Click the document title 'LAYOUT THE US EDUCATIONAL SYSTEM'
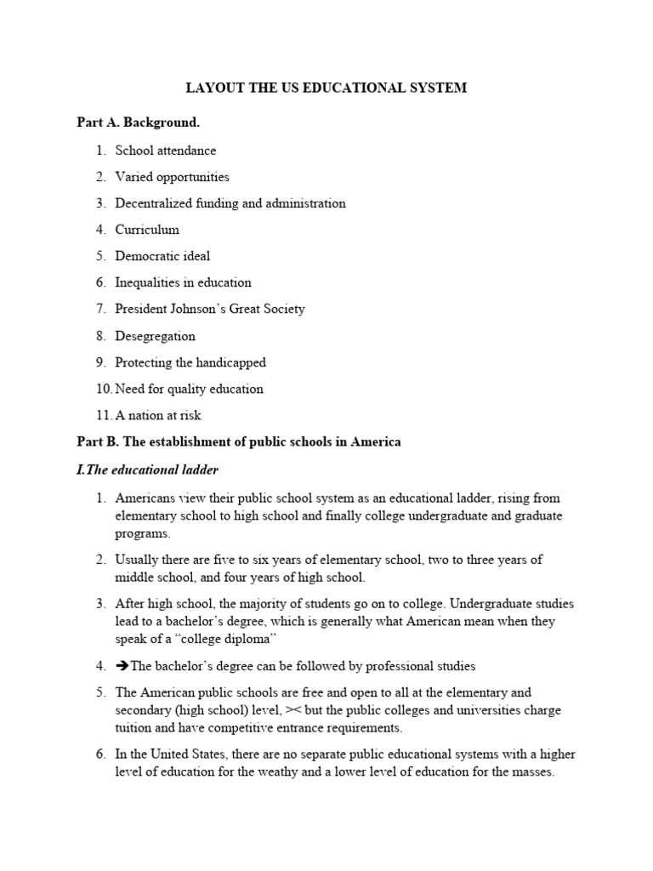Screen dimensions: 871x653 tap(326, 88)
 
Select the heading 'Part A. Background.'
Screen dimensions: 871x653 tap(139, 122)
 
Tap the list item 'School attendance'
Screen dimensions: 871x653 tap(166, 151)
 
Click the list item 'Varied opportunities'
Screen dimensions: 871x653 tap(173, 177)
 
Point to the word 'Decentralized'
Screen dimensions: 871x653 tap(154, 203)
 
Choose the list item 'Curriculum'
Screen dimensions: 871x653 tap(147, 230)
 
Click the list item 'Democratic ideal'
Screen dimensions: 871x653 tap(162, 256)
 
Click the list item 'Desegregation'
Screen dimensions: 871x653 tap(156, 336)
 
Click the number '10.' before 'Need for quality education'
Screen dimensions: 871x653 tap(104, 389)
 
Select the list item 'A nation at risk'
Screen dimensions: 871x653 tap(158, 416)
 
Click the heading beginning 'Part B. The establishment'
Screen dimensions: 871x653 tap(239, 442)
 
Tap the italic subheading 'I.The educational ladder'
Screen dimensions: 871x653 tap(148, 470)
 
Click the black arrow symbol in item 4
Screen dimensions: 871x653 tap(122, 666)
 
